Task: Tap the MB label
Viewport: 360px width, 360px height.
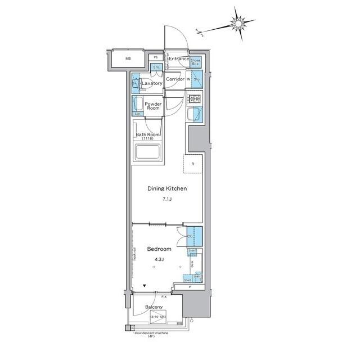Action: click(x=128, y=58)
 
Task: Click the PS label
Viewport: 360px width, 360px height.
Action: click(x=155, y=57)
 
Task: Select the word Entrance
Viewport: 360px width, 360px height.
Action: click(x=179, y=59)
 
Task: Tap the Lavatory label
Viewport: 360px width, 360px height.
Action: click(x=152, y=84)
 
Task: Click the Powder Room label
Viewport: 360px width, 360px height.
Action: click(x=153, y=106)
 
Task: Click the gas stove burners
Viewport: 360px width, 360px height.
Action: click(x=194, y=99)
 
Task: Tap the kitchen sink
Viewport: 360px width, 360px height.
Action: click(x=194, y=115)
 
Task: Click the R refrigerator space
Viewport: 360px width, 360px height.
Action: click(x=193, y=165)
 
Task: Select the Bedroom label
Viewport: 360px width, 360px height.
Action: click(x=159, y=249)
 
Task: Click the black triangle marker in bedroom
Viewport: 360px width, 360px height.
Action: click(x=145, y=286)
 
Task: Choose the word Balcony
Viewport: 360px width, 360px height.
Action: click(x=154, y=307)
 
